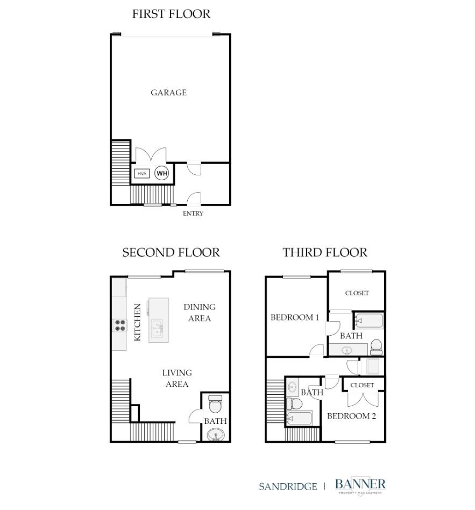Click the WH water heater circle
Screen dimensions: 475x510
162,173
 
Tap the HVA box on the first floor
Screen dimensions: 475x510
142,174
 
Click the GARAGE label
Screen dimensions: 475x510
168,93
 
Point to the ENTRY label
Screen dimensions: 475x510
193,214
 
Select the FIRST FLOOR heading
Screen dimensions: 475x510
171,14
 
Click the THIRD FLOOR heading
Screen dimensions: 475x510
325,252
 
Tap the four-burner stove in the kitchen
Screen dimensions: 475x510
120,325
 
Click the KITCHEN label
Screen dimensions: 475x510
138,322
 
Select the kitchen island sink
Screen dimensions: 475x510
158,328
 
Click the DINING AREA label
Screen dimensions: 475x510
200,313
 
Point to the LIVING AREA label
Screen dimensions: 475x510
177,378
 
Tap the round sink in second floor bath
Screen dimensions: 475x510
216,435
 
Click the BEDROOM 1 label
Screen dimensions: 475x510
295,317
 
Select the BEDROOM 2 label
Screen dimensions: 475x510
351,416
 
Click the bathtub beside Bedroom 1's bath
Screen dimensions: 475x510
369,321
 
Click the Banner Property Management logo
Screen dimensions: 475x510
360,486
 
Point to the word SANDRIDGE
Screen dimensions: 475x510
288,486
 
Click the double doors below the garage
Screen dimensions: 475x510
151,155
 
